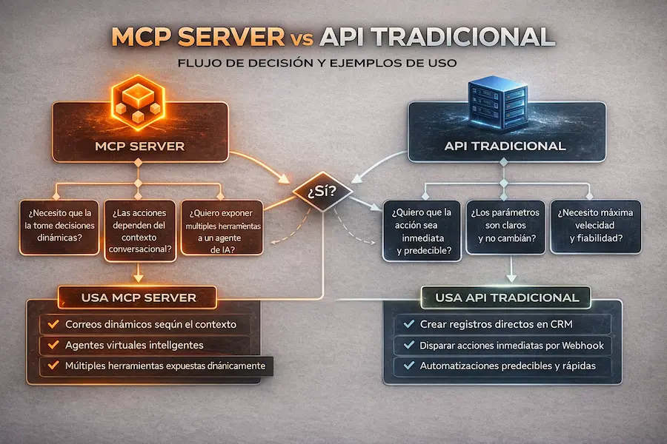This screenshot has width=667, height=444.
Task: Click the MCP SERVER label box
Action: click(140, 146)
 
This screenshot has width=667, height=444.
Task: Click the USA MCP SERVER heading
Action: click(138, 297)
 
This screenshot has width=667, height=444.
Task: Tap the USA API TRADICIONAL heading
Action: click(506, 297)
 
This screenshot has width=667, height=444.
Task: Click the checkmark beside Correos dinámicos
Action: click(52, 324)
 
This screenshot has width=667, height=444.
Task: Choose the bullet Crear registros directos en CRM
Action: click(495, 323)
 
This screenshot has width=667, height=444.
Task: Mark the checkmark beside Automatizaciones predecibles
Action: click(406, 366)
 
